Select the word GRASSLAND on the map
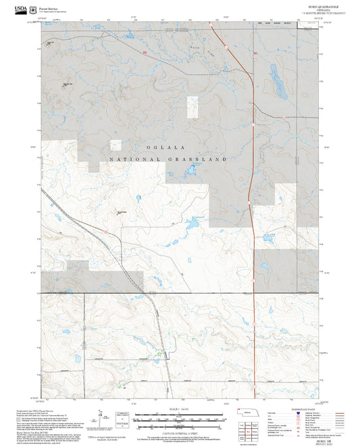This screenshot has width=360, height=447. click(201, 160)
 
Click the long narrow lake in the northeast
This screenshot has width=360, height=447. click(277, 79)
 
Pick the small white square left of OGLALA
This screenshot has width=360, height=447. click(115, 144)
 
